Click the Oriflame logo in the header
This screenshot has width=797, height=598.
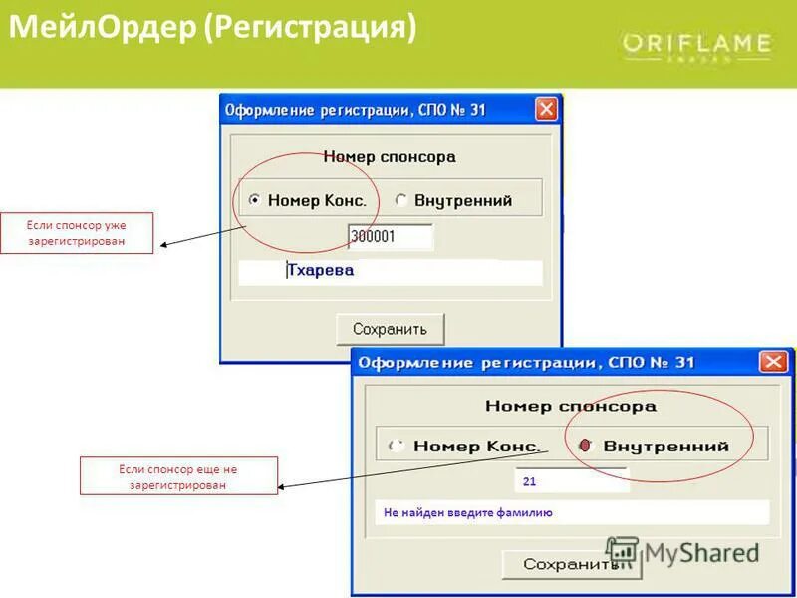696,44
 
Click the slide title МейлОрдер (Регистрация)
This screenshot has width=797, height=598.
212,27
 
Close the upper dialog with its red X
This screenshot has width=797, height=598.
546,109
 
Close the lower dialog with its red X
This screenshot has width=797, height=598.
773,362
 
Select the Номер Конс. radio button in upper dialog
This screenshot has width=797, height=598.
255,200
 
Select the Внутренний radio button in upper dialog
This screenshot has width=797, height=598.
401,200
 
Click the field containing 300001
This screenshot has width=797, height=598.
390,237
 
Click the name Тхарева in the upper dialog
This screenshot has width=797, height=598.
320,270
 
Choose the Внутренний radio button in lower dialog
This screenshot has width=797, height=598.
587,446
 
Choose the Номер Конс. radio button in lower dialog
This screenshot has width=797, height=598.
398,446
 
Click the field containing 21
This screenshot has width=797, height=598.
571,480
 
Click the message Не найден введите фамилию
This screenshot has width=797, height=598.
468,512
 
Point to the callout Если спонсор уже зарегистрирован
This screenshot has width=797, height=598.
77,233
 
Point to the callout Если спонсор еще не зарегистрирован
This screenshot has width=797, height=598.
178,476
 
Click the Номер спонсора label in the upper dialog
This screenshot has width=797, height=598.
390,156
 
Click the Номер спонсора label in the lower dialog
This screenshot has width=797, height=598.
571,406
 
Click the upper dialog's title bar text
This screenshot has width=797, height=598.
356,109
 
